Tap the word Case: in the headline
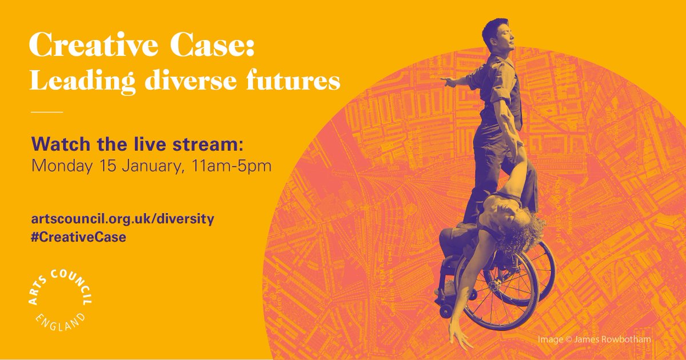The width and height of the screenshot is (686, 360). click(214, 45)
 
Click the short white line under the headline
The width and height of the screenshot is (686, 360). click(45, 112)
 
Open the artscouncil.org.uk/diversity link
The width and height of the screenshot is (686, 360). click(123, 219)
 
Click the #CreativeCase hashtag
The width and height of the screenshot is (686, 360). click(79, 238)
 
